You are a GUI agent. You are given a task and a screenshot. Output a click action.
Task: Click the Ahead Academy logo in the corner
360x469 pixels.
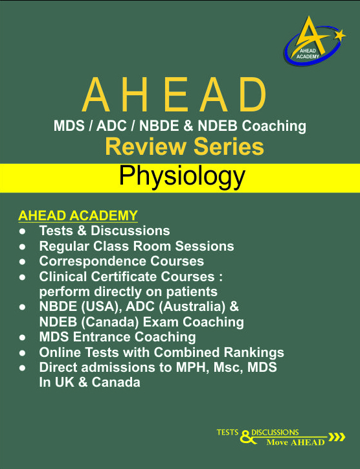pyautogui.click(x=315, y=40)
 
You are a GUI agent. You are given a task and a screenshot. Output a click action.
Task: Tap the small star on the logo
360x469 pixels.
pyautogui.click(x=339, y=36)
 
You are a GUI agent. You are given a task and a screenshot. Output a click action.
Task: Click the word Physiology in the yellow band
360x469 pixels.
pyautogui.click(x=182, y=177)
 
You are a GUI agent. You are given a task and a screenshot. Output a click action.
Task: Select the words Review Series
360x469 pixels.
pyautogui.click(x=185, y=146)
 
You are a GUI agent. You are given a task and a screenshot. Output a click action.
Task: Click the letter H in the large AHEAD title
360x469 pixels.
pyautogui.click(x=135, y=95)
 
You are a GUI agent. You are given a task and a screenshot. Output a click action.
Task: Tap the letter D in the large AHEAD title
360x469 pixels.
pyautogui.click(x=253, y=95)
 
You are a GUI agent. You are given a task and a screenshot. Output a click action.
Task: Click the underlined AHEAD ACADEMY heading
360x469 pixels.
pyautogui.click(x=78, y=215)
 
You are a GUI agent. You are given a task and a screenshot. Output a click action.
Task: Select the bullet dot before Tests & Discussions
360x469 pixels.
pyautogui.click(x=23, y=231)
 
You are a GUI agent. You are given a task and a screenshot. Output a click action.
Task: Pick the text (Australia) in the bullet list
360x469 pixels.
pyautogui.click(x=192, y=307)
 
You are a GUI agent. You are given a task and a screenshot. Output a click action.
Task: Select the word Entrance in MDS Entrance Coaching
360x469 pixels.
pyautogui.click(x=102, y=337)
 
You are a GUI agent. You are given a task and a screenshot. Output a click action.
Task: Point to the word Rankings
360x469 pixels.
pyautogui.click(x=254, y=352)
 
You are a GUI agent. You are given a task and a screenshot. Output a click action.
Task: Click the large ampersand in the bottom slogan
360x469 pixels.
pyautogui.click(x=247, y=437)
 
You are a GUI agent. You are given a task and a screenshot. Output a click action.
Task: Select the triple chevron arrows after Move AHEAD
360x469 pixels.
pyautogui.click(x=337, y=437)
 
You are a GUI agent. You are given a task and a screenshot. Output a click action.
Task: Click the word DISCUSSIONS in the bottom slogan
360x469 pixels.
pyautogui.click(x=275, y=433)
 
